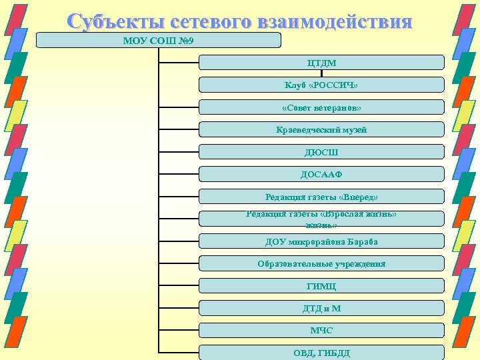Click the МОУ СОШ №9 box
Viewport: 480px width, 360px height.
click(x=158, y=40)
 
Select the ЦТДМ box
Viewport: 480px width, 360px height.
click(x=321, y=63)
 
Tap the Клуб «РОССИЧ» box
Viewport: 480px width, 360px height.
click(x=321, y=85)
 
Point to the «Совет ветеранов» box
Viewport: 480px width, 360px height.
click(x=321, y=107)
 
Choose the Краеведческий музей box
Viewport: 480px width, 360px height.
click(x=321, y=129)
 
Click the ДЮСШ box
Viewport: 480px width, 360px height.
click(x=321, y=152)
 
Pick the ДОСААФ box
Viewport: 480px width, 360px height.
click(x=321, y=174)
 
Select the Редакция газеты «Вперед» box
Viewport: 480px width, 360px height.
click(x=321, y=197)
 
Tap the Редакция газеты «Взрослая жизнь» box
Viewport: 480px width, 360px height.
click(x=321, y=219)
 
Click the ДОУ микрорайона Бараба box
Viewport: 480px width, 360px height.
click(x=321, y=241)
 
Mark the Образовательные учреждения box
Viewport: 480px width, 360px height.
click(x=321, y=263)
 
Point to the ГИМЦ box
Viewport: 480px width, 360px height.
click(x=321, y=286)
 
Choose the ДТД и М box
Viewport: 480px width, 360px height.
click(x=321, y=308)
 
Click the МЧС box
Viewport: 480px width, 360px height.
click(x=321, y=330)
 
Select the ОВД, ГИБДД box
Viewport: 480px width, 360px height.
click(x=321, y=352)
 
